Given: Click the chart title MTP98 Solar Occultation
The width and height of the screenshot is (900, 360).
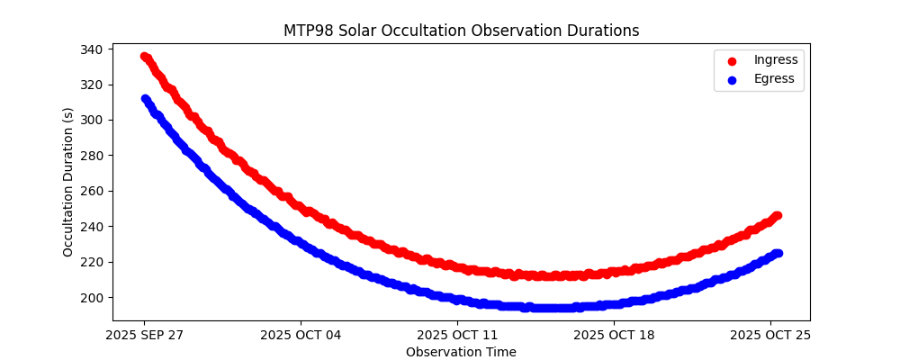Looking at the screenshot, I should [x=461, y=31].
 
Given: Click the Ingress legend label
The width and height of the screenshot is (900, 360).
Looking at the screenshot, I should [x=776, y=60].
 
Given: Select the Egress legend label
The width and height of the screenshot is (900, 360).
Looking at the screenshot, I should [x=774, y=79].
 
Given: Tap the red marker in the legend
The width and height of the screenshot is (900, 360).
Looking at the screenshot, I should [x=732, y=61].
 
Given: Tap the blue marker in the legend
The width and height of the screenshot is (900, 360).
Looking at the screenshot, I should [x=732, y=80].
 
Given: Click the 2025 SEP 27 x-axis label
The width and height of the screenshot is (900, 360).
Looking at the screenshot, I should [x=144, y=336].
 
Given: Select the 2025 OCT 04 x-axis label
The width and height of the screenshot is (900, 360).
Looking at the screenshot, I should [x=301, y=336].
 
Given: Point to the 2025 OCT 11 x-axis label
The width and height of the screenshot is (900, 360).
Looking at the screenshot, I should [x=457, y=336].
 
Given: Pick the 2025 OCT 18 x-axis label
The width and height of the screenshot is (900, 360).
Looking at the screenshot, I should [x=614, y=336].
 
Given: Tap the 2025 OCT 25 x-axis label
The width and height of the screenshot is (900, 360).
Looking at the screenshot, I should [x=770, y=336].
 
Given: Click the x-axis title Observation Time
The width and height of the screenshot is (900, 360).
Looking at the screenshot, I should [x=461, y=352].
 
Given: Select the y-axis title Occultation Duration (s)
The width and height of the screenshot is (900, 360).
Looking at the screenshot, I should [x=68, y=182].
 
